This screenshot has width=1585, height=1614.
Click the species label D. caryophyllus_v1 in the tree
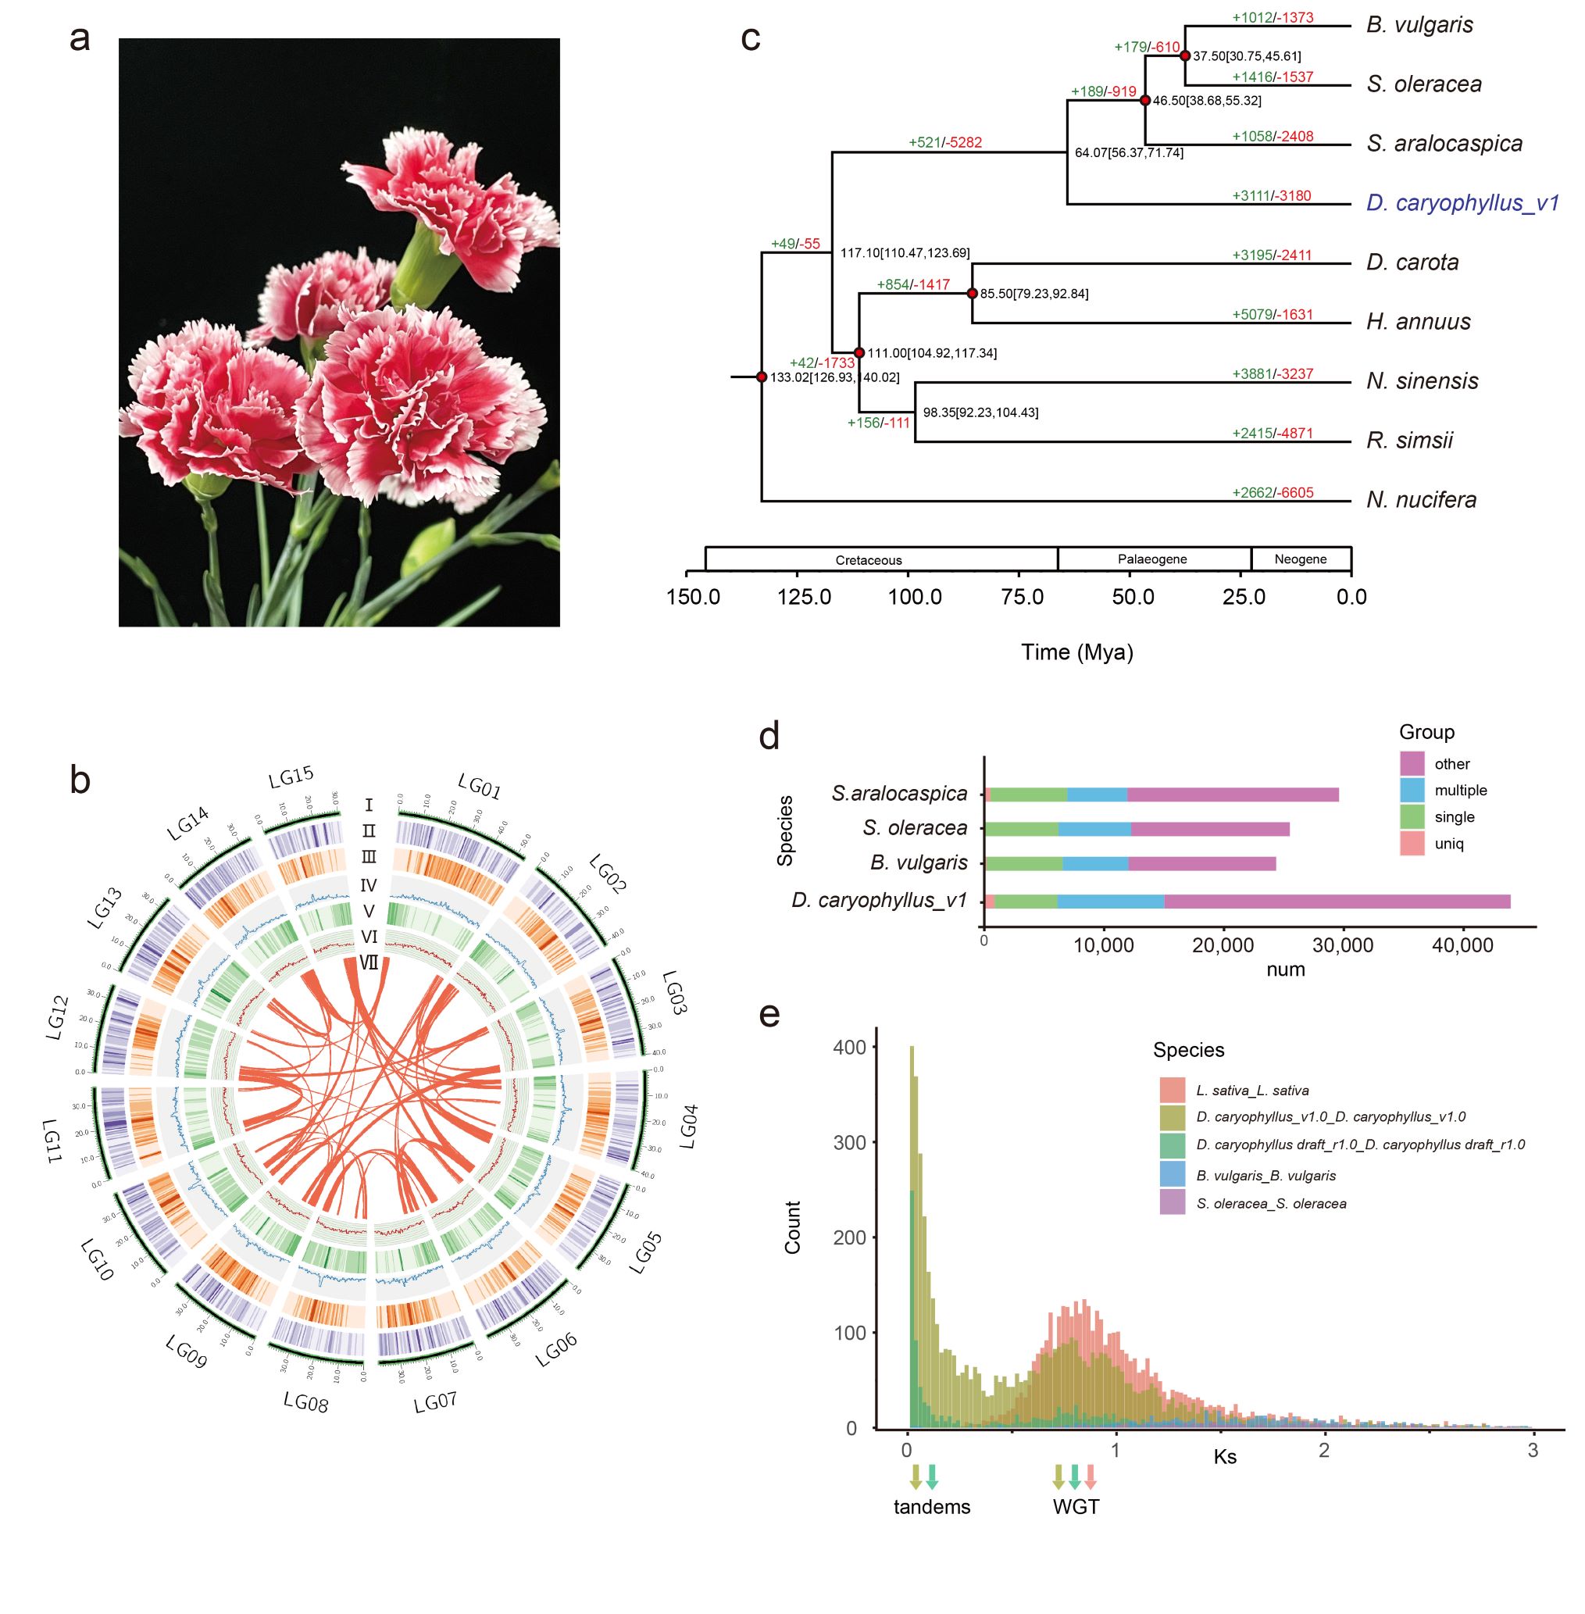pyautogui.click(x=1462, y=203)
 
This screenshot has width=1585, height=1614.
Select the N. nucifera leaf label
pyautogui.click(x=1421, y=499)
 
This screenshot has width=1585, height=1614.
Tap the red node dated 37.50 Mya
pyautogui.click(x=1184, y=55)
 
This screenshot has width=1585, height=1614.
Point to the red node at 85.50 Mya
pyautogui.click(x=972, y=293)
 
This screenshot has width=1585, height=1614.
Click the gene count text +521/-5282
pyautogui.click(x=945, y=142)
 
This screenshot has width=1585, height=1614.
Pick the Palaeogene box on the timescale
pyautogui.click(x=1152, y=559)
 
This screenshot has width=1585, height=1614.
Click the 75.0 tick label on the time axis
pyautogui.click(x=1023, y=597)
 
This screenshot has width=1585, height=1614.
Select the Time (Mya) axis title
pyautogui.click(x=1077, y=652)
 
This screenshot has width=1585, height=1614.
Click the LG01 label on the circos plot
pyautogui.click(x=480, y=786)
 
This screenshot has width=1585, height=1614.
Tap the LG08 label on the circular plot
pyautogui.click(x=305, y=1402)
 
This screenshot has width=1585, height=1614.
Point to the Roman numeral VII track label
pyautogui.click(x=368, y=963)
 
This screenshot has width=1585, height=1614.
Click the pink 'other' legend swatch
pyautogui.click(x=1412, y=763)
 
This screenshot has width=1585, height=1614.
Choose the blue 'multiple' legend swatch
pyautogui.click(x=1412, y=790)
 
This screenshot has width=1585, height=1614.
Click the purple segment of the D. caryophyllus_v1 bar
pyautogui.click(x=1336, y=901)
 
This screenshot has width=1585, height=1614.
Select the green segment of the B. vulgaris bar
pyautogui.click(x=1023, y=863)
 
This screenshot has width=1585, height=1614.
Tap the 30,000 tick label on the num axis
pyautogui.click(x=1342, y=944)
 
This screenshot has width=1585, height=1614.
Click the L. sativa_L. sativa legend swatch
pyautogui.click(x=1172, y=1090)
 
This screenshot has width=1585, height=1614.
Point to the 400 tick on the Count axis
pyautogui.click(x=850, y=1047)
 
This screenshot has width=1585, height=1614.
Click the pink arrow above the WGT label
pyautogui.click(x=1091, y=1477)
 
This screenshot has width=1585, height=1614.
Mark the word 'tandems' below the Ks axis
pyautogui.click(x=931, y=1507)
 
